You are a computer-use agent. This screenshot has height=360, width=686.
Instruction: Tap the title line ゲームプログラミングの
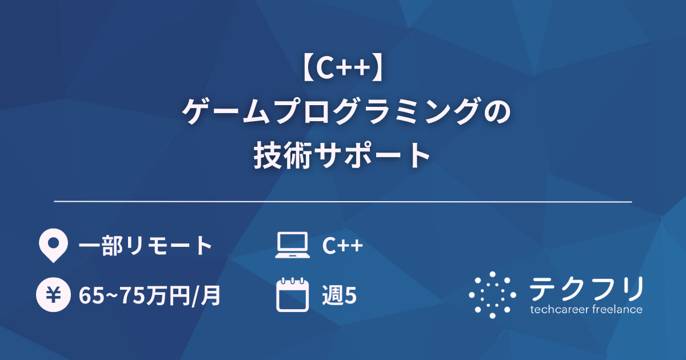tap(343, 112)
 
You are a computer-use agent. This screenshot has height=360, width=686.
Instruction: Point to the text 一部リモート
tap(145, 246)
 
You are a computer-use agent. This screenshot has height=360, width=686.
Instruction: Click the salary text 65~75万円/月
tap(149, 295)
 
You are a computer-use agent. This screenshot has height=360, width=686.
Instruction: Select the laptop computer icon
tap(292, 246)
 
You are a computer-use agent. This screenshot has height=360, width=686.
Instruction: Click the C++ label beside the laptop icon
tap(342, 246)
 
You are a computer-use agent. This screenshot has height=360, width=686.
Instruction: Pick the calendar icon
tap(292, 295)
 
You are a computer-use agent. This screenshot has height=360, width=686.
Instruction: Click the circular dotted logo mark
tap(493, 295)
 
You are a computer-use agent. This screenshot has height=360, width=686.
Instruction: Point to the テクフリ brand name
tap(586, 289)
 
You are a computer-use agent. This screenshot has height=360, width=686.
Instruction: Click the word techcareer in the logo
tap(557, 310)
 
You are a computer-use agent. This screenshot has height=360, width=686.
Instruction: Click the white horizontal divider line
tap(343, 202)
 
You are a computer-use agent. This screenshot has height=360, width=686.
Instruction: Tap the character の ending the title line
tap(491, 112)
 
